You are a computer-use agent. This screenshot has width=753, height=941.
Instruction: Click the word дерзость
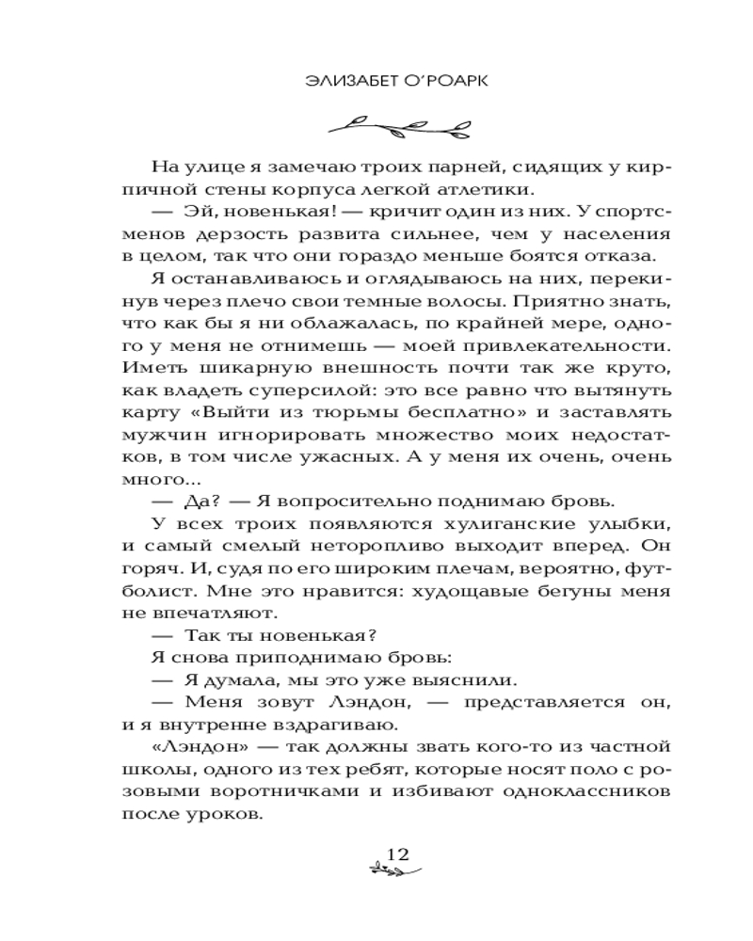coord(241,232)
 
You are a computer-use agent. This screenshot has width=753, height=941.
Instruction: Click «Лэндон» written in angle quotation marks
coord(198,747)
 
